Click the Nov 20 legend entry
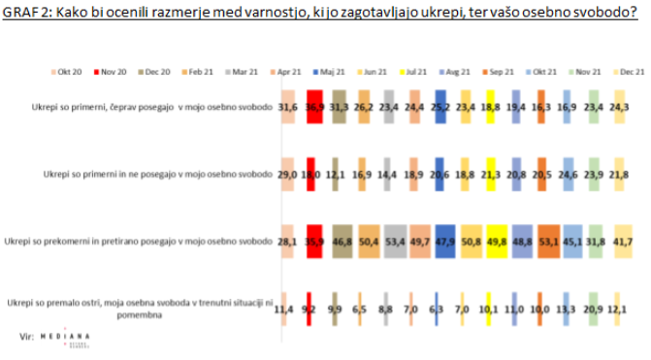click(114, 72)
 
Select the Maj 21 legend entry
click(334, 72)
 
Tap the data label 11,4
click(285, 309)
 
